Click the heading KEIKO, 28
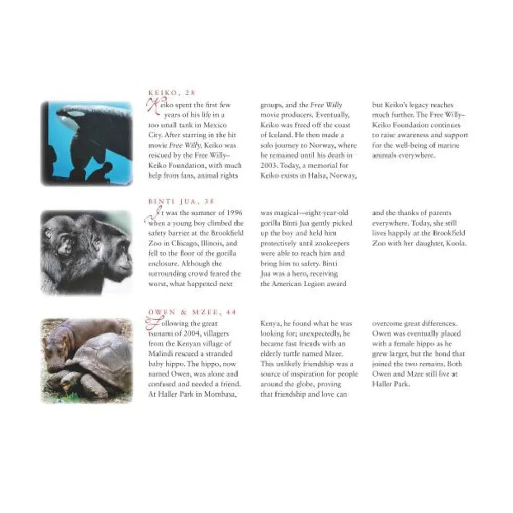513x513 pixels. [172, 93]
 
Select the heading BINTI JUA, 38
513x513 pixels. [181, 201]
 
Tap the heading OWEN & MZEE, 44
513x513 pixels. [192, 312]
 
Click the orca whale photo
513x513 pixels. [87, 143]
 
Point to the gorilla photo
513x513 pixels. [87, 252]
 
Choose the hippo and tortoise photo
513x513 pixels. [87, 361]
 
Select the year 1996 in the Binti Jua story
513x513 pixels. [234, 213]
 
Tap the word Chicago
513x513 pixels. [184, 243]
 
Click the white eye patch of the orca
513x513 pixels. [76, 114]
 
